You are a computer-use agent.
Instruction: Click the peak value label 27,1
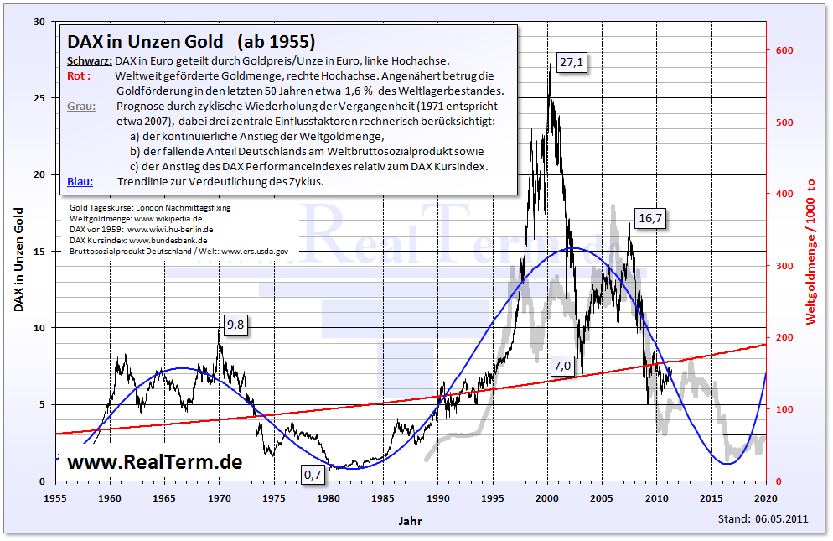(571, 63)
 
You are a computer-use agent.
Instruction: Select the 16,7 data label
(649, 218)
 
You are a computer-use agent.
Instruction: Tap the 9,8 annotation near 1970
(235, 326)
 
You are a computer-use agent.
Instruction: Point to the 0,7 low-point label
(312, 475)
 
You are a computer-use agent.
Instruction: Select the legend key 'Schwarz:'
(88, 60)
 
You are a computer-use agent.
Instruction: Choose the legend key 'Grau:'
(80, 106)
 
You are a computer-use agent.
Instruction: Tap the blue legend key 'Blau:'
(80, 181)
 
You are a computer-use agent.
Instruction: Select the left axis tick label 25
(39, 97)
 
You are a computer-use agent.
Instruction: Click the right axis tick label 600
(783, 50)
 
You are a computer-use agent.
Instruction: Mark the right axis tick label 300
(783, 266)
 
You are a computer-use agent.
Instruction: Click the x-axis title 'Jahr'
(411, 521)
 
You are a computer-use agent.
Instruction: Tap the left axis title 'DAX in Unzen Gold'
(18, 251)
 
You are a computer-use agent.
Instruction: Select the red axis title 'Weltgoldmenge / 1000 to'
(810, 251)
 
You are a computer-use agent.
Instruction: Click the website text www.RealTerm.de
(155, 461)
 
